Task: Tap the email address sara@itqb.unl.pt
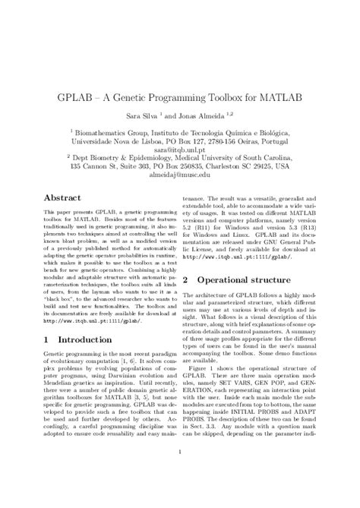point(180,150)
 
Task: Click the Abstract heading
point(62,197)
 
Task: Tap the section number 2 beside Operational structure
point(185,281)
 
